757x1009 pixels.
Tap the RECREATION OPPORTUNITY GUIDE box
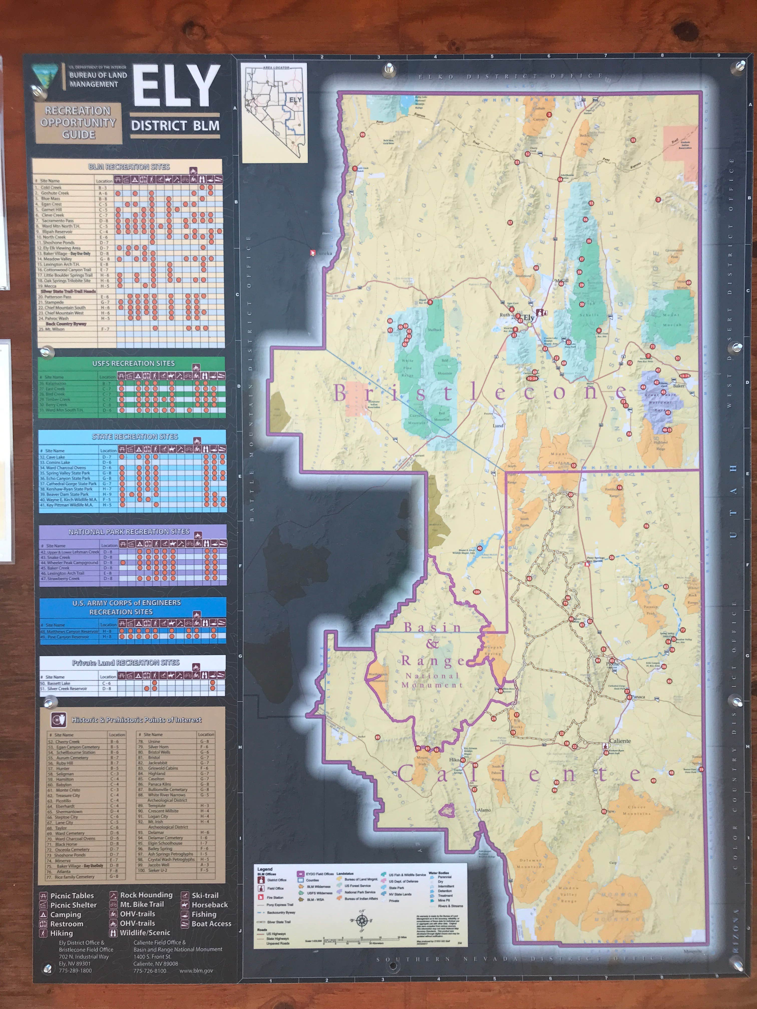79,123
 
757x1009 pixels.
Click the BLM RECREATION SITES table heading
129,167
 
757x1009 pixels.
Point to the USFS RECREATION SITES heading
133,364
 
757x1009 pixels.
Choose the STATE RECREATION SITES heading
135,436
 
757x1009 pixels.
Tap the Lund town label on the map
498,426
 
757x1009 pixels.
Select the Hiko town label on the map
454,760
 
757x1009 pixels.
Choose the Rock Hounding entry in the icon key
146,895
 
